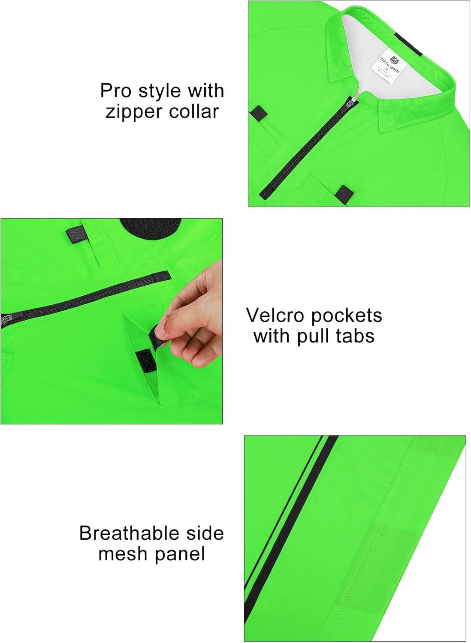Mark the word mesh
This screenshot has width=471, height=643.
point(120,554)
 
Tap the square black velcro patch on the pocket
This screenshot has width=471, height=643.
point(145,358)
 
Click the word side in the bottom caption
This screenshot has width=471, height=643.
point(205,533)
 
